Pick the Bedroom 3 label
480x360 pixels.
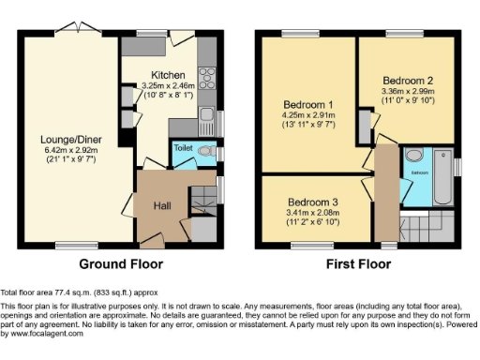(x=312, y=202)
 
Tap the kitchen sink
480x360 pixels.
(x=206, y=116)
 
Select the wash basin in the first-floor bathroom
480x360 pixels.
(x=414, y=156)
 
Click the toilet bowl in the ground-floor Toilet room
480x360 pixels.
(x=209, y=150)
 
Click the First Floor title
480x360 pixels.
(x=359, y=264)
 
